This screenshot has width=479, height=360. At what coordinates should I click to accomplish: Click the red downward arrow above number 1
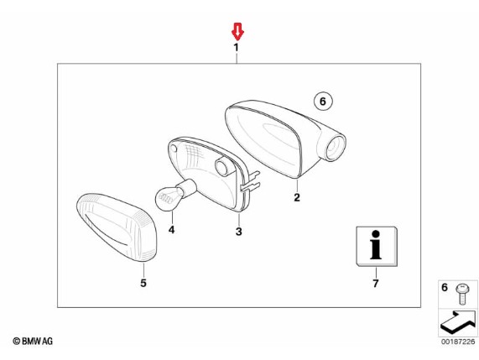[x=237, y=32]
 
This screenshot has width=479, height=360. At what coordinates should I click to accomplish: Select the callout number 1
[x=236, y=47]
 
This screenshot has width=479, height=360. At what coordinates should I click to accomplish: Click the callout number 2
[x=297, y=197]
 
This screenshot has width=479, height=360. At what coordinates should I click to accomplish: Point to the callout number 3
[x=239, y=232]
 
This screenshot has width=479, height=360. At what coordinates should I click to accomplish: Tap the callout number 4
[x=171, y=229]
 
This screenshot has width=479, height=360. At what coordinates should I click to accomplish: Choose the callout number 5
[x=143, y=283]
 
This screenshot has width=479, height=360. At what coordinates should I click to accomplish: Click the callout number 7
[x=376, y=284]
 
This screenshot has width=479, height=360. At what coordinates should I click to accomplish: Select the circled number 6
[x=323, y=101]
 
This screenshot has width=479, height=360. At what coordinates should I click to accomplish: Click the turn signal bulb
[x=175, y=195]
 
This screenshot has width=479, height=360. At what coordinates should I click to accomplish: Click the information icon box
[x=377, y=247]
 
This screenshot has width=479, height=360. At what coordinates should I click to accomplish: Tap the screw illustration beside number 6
[x=463, y=295]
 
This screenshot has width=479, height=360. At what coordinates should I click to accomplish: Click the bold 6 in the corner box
[x=445, y=287]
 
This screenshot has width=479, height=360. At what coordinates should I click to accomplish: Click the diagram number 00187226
[x=458, y=342]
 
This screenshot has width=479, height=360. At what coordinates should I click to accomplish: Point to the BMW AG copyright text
[x=33, y=341]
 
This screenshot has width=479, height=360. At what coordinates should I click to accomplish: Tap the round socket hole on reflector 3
[x=223, y=167]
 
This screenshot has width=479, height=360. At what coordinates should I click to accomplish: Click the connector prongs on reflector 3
[x=251, y=181]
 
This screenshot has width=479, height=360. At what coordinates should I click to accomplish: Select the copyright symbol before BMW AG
[x=17, y=341]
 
